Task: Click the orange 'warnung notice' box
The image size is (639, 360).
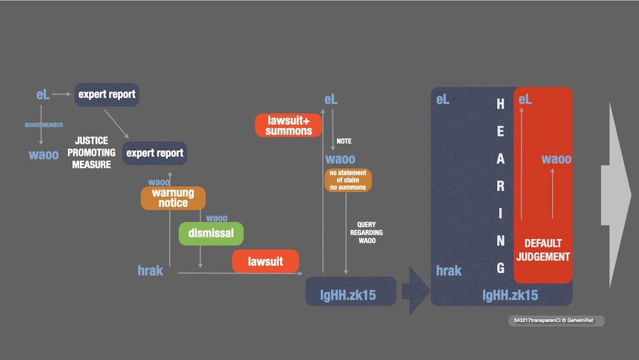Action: (173, 198)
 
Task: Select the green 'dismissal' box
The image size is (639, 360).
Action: (211, 233)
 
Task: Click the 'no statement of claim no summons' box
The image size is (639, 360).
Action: (348, 180)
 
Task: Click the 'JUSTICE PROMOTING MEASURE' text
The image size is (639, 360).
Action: (91, 152)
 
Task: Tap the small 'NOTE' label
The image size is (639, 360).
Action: (344, 141)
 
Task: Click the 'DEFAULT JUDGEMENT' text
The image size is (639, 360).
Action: (543, 250)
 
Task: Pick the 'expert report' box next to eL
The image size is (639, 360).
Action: (107, 95)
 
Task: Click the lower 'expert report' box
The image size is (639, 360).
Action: (155, 153)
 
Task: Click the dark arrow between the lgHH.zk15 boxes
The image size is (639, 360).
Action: (415, 291)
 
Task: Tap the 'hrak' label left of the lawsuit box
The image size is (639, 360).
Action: (151, 270)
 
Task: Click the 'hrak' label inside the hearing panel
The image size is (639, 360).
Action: (449, 270)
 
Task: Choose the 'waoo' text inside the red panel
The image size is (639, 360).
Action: (557, 159)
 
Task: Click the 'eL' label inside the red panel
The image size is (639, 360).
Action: (525, 99)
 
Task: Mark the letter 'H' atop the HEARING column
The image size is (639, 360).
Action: (500, 104)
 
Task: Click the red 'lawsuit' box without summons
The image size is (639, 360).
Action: (265, 261)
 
